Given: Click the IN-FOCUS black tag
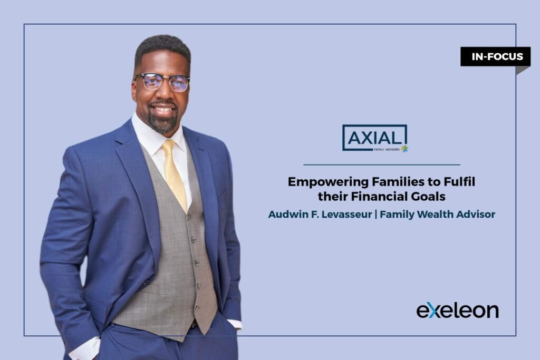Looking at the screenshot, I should (x=495, y=56).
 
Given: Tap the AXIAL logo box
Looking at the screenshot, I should (x=374, y=138).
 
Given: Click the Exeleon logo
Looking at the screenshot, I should (x=457, y=310).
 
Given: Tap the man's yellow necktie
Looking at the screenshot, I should (x=175, y=174).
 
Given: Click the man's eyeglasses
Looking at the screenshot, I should (x=162, y=82).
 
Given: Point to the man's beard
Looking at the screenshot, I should (x=162, y=122).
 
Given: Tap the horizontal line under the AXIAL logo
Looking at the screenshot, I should (x=381, y=165).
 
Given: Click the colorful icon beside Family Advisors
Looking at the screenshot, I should (x=404, y=149).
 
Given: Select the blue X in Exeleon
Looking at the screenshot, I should (x=431, y=311).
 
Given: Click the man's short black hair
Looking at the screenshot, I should (x=162, y=48).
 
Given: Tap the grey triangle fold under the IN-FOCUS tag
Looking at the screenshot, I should (x=522, y=70).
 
